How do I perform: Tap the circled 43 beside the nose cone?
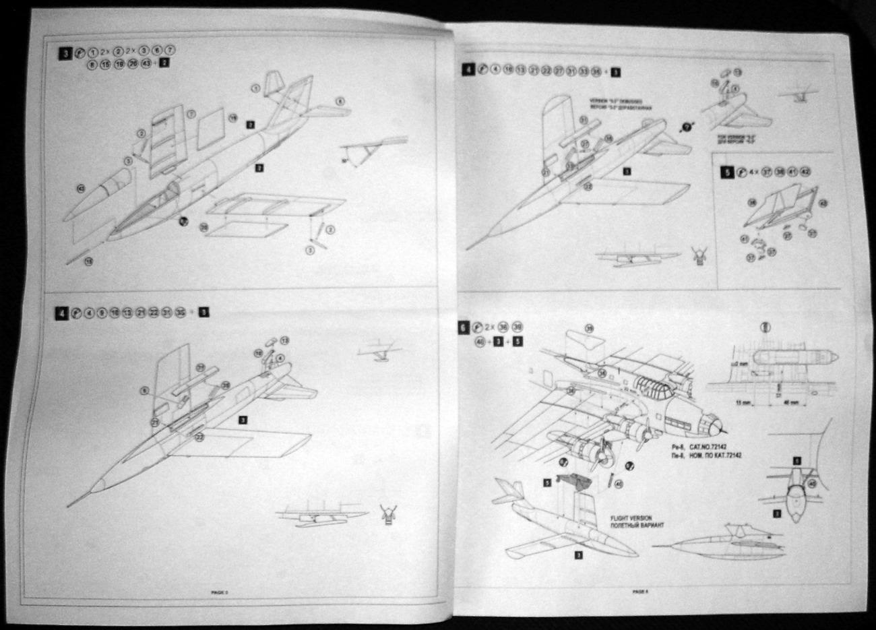point(81,189)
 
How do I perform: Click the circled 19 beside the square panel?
point(233,117)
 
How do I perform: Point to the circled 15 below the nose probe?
point(88,260)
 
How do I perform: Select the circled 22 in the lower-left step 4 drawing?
point(199,437)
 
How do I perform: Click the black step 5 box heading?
point(726,172)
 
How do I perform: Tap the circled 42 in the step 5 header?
point(805,172)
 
